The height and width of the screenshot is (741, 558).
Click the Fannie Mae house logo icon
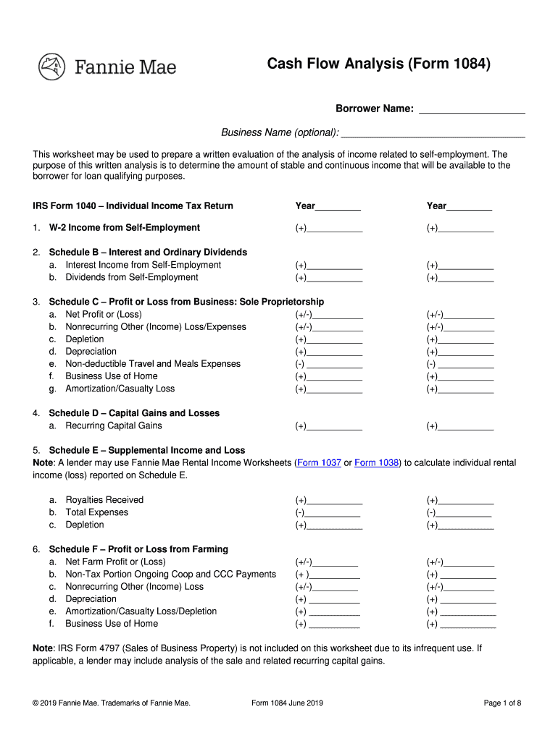click(51, 67)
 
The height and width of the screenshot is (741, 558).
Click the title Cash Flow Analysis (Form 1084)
click(379, 65)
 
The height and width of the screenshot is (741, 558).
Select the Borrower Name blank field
click(472, 110)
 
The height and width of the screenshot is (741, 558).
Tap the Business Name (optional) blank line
click(433, 133)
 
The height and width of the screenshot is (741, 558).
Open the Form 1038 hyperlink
click(377, 463)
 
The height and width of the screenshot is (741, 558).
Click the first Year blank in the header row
click(338, 207)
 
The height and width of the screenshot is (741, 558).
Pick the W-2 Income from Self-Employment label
click(124, 228)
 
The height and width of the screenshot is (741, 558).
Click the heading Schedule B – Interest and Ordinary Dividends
click(148, 253)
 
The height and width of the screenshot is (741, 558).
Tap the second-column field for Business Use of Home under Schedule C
click(467, 377)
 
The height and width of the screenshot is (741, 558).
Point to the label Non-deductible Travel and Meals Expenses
click(153, 364)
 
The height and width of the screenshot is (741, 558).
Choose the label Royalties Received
click(104, 500)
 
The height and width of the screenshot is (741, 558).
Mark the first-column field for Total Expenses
click(331, 513)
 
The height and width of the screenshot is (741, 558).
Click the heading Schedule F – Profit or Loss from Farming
click(138, 549)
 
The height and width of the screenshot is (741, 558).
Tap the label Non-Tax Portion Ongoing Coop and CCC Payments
click(170, 575)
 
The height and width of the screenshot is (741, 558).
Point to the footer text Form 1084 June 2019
click(287, 703)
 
